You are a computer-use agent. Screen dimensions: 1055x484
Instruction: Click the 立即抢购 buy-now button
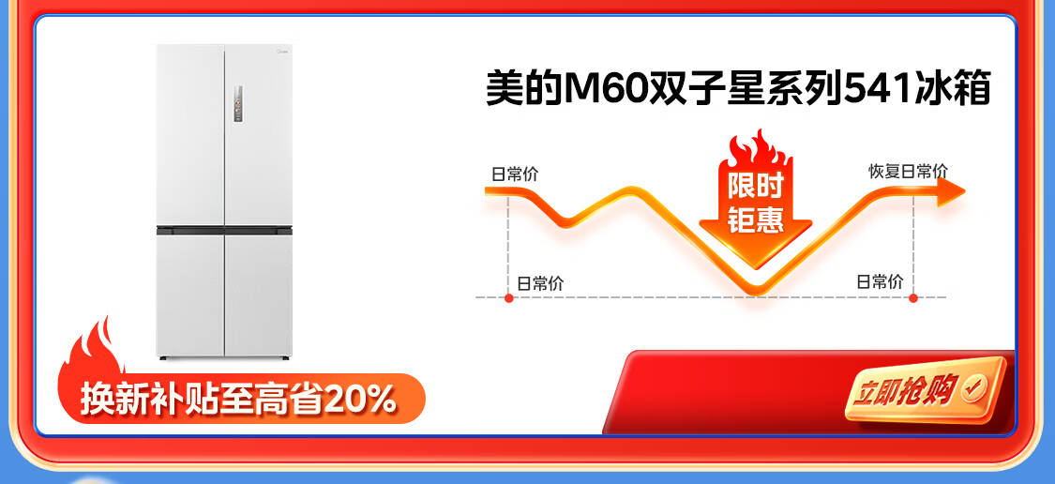[x=926, y=389]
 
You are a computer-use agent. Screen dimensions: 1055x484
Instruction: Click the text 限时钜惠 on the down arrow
[x=756, y=203]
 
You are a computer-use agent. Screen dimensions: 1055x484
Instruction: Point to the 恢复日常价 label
[x=908, y=171]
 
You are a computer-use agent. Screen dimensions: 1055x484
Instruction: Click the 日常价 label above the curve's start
[x=515, y=174]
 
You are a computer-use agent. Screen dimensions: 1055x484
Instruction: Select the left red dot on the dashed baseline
[x=508, y=297]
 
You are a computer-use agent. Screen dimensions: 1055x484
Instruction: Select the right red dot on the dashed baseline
[x=913, y=297]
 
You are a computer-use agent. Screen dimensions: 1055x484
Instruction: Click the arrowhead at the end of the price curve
[x=951, y=191]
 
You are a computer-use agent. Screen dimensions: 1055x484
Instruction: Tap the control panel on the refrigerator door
[x=238, y=104]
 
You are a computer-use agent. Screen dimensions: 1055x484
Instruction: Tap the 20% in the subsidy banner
[x=360, y=400]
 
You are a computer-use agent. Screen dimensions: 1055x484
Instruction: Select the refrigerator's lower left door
[x=190, y=295]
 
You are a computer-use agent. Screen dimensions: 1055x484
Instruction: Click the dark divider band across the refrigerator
[x=224, y=230]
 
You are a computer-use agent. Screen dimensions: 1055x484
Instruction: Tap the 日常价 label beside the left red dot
[x=540, y=283]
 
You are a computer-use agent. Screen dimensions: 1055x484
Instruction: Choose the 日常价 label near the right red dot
[x=880, y=281]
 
